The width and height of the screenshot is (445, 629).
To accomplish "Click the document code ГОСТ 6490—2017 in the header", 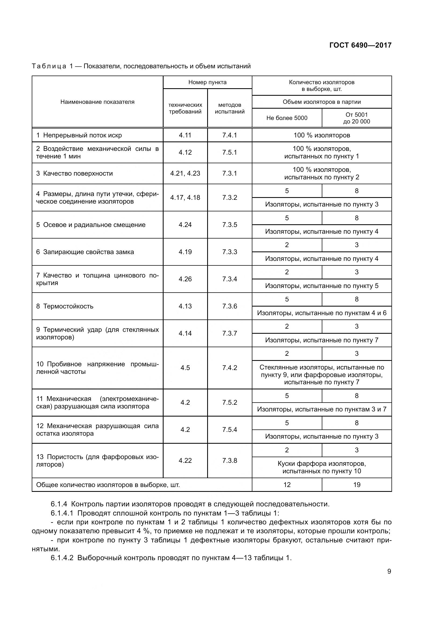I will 360,45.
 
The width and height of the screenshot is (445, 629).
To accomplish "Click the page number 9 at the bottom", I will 389,571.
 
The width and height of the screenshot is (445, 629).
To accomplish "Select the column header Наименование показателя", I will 97,102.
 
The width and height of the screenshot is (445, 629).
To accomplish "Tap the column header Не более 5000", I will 287,118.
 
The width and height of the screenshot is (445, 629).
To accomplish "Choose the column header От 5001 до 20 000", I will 356,118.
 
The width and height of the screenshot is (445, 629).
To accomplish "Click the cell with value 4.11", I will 185,135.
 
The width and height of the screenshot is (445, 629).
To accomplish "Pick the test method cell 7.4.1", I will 229,135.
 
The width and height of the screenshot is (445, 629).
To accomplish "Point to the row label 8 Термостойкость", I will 65,306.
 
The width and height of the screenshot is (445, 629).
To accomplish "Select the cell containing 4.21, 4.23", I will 185,173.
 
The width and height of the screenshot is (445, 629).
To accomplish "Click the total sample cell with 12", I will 287,485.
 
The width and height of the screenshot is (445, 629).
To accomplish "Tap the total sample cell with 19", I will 356,485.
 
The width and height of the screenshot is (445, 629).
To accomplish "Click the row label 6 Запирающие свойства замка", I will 85,252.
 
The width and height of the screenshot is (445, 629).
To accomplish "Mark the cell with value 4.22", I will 185,460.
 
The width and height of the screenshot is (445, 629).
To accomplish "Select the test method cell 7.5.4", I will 229,429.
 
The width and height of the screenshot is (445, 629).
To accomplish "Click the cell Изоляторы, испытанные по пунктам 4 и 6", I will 322,313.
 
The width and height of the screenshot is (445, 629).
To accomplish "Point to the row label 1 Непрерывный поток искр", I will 79,135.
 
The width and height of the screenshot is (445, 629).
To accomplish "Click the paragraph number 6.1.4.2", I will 62,558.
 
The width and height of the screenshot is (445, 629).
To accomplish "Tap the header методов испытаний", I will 229,108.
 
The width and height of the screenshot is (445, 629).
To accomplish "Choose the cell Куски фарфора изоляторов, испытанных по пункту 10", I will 322,467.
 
